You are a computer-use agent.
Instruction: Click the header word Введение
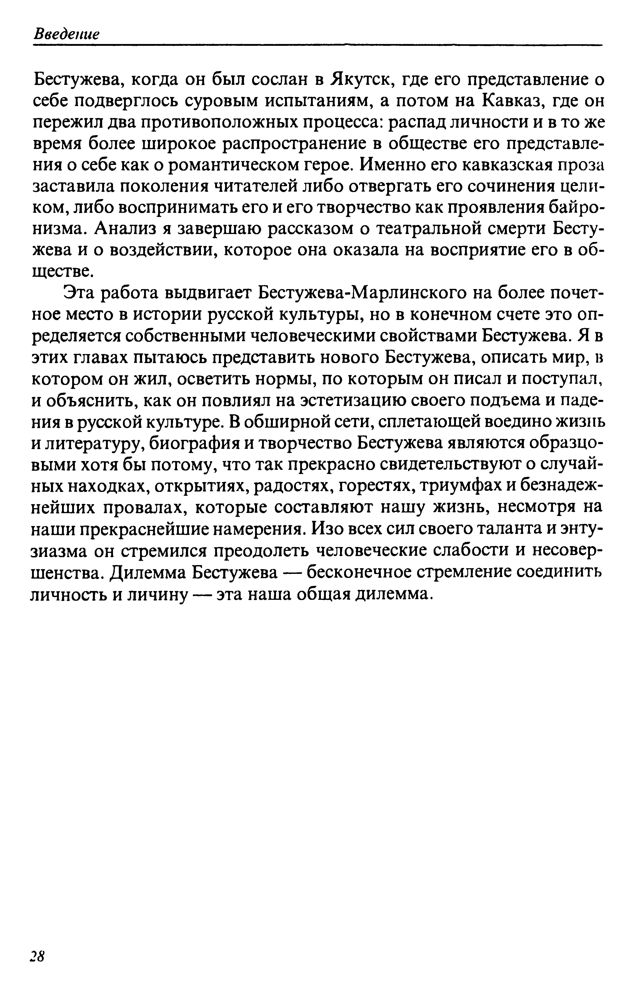pos(66,34)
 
